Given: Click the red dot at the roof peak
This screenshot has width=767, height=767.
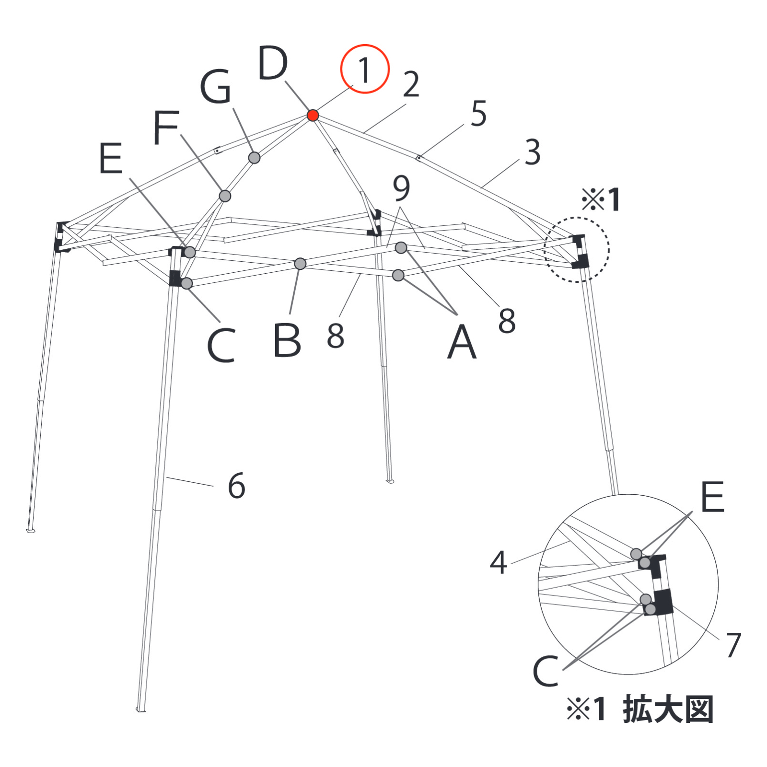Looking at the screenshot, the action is pos(313,115).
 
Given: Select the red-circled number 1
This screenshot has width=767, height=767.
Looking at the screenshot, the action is pos(365,69).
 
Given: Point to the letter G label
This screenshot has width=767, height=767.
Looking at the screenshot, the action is pos(216,86).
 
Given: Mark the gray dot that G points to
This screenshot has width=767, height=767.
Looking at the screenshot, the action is pos(255,157).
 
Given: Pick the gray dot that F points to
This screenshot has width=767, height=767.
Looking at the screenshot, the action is pos(225,196).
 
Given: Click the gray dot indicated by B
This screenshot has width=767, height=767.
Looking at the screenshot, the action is pos(300,264).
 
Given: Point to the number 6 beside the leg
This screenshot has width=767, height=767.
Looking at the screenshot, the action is pos(236,486).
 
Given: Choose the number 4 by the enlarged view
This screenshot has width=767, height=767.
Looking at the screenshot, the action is pos(499,562).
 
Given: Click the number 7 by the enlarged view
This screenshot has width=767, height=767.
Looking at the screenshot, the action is pos(733,644).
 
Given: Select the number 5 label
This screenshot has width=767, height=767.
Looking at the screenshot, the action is pos(478,114).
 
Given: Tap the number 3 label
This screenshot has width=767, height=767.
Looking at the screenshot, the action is pos(533,152).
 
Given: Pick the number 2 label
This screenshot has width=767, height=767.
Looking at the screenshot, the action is pos(411,84).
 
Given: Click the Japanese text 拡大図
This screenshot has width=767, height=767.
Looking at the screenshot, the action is pos(668,709).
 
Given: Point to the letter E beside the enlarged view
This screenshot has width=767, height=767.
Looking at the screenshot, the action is pos(712,497).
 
